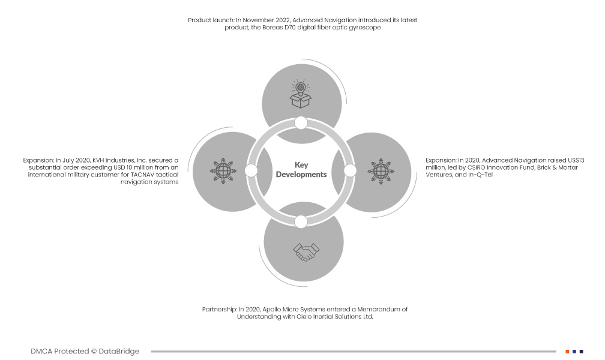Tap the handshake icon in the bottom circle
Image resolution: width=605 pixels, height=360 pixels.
click(303, 252)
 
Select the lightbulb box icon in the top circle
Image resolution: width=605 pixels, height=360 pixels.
click(301, 94)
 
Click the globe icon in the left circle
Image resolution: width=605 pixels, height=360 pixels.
click(223, 170)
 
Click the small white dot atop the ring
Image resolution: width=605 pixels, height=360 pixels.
click(301, 123)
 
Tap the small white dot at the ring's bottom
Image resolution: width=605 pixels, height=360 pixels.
click(301, 221)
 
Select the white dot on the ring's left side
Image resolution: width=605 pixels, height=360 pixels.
click(251, 171)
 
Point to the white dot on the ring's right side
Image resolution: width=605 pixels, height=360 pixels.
click(351, 171)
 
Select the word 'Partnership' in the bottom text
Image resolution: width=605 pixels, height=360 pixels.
click(219, 310)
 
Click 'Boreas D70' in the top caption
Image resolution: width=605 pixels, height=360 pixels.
click(277, 28)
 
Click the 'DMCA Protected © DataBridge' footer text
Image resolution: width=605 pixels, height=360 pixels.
click(85, 352)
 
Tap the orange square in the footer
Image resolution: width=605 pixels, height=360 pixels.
click(567, 351)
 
